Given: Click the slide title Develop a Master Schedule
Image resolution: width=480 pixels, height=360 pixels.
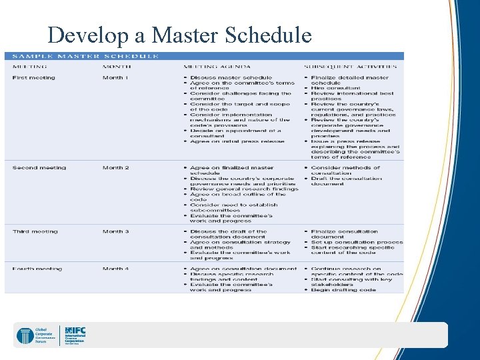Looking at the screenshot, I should (179, 34).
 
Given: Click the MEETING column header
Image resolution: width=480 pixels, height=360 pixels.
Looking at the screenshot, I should (29, 67).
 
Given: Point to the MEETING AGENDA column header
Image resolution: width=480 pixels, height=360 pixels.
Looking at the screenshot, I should (217, 67).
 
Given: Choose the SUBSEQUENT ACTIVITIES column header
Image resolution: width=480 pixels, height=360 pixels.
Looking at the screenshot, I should (350, 67).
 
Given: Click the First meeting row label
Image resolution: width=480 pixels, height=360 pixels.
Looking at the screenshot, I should (34, 78).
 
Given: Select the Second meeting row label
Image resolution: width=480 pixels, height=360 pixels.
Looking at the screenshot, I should (39, 168).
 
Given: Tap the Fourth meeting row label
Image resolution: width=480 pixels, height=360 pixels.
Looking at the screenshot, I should (37, 269).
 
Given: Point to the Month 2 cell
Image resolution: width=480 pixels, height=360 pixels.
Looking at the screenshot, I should (116, 168).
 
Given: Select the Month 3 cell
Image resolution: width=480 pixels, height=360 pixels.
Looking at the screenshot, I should (116, 231).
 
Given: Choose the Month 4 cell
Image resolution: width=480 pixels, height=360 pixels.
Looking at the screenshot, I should (116, 269).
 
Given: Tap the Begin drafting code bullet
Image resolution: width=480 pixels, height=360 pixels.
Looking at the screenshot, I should (347, 290).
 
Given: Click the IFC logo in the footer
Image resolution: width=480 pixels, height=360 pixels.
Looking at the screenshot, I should (75, 334).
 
